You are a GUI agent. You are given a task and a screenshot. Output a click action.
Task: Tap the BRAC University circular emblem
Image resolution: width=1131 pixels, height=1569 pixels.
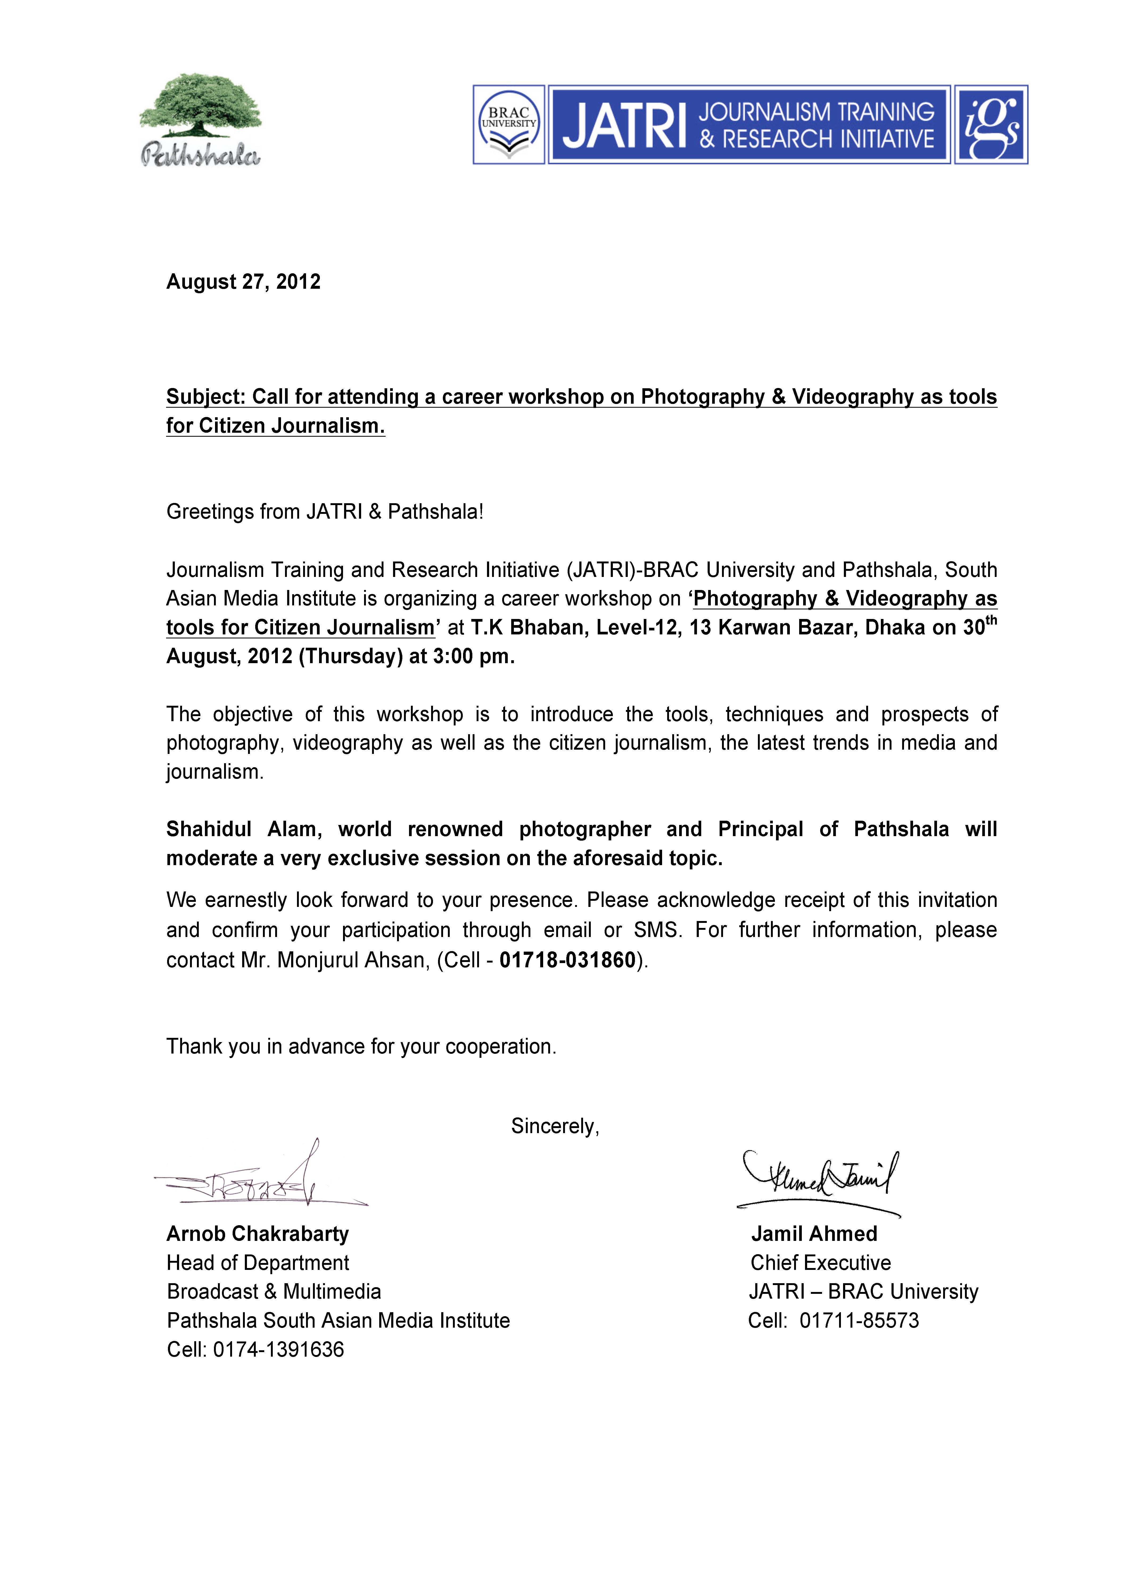tap(509, 125)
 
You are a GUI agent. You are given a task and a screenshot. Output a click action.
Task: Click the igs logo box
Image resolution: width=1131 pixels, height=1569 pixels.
tap(990, 125)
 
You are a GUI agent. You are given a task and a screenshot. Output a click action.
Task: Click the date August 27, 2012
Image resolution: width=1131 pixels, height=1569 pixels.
tap(243, 282)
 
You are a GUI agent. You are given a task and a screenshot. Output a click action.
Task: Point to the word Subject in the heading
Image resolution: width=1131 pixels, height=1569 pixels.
tap(205, 397)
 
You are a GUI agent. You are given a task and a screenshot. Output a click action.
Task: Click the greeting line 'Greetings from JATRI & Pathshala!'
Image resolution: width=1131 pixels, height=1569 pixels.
tap(324, 512)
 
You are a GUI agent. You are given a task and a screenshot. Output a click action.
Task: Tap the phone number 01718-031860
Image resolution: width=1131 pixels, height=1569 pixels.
tap(567, 960)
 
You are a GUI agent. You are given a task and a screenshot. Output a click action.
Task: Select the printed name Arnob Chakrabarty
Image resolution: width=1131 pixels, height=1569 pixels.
tap(257, 1233)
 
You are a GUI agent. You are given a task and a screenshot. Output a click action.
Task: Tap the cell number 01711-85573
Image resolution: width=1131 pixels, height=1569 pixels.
tap(859, 1321)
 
